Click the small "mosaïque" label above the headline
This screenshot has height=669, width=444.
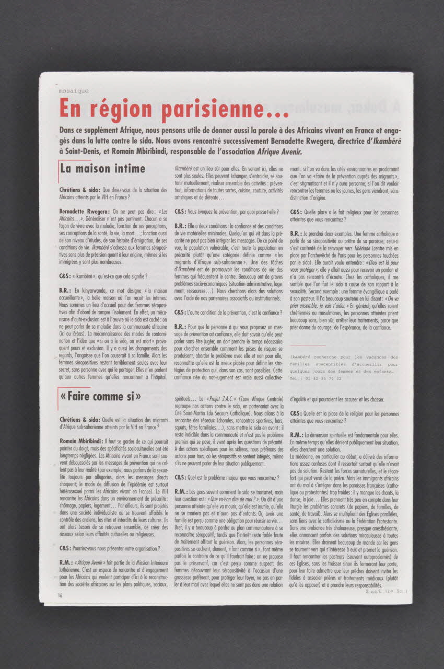pos(74,90)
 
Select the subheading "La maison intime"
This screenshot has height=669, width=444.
pos(102,169)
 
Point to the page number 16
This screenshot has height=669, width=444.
pos(61,595)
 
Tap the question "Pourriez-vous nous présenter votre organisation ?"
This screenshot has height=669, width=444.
pos(113,549)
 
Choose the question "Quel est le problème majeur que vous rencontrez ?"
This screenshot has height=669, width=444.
pos(224,477)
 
